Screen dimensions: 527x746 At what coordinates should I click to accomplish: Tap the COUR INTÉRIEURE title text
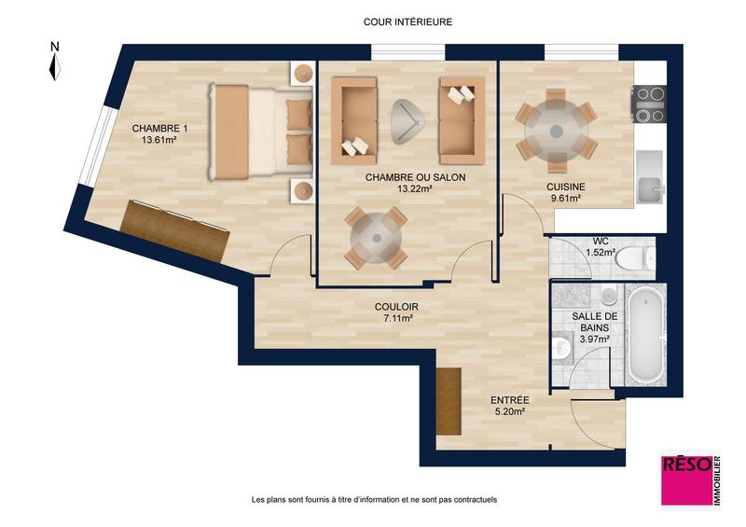point(408,21)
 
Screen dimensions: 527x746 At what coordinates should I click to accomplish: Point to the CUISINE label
point(566,187)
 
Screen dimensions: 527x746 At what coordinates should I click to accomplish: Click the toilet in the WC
point(635,256)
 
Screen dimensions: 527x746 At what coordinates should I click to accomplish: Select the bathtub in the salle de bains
point(644,336)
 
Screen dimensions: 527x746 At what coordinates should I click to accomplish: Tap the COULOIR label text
point(396,307)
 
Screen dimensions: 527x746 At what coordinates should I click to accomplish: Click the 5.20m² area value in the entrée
point(508,411)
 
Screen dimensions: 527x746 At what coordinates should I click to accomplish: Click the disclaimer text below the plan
point(374,499)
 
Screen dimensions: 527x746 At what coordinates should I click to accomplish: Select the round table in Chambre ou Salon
point(376,237)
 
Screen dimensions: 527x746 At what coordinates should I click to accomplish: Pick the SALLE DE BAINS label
point(590,323)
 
